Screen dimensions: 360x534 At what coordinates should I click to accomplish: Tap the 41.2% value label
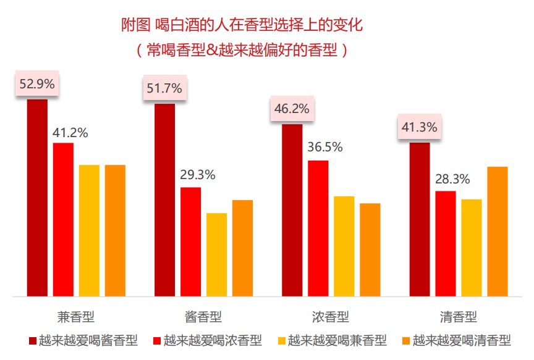point(70,132)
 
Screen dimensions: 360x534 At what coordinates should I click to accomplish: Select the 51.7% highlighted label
point(164,88)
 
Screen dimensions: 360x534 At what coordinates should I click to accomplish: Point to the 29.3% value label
point(198,175)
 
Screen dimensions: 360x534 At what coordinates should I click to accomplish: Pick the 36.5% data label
point(325,148)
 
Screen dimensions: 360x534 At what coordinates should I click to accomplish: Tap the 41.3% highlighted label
point(420,128)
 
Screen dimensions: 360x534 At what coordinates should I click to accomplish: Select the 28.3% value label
point(452,179)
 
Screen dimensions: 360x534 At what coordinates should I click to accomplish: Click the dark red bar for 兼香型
point(37,198)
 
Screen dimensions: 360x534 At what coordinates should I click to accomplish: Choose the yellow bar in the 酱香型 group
point(216,254)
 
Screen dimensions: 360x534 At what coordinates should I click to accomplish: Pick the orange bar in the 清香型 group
point(497,232)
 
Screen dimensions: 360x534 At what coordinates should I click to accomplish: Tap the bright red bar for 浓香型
point(318,228)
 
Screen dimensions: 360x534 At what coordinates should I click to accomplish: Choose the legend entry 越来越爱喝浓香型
point(213,340)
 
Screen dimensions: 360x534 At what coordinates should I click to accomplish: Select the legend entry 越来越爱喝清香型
point(462,340)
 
